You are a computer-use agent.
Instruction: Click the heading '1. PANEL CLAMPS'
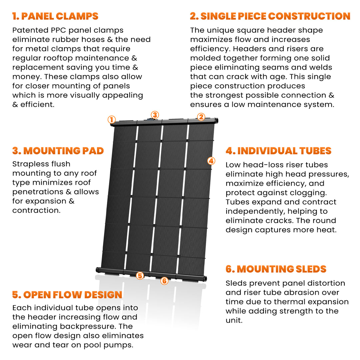pyautogui.click(x=55, y=16)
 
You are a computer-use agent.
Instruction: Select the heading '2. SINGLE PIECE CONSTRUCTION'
pyautogui.click(x=270, y=16)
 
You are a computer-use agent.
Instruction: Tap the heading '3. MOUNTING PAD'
pyautogui.click(x=58, y=151)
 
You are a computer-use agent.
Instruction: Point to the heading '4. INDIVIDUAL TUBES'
pyautogui.click(x=278, y=151)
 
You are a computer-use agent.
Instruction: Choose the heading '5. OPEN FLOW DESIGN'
pyautogui.click(x=67, y=295)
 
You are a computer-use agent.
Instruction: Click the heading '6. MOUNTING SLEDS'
pyautogui.click(x=276, y=269)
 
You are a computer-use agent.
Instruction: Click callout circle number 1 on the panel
pyautogui.click(x=112, y=120)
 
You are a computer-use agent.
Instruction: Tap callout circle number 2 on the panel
pyautogui.click(x=201, y=117)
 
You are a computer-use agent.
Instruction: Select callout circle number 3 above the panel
pyautogui.click(x=154, y=115)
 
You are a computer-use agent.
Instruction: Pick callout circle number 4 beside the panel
pyautogui.click(x=211, y=161)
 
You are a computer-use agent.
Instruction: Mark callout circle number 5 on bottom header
pyautogui.click(x=140, y=276)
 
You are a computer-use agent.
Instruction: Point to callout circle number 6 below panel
pyautogui.click(x=164, y=281)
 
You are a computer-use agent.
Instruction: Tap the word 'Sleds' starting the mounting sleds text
pyautogui.click(x=235, y=283)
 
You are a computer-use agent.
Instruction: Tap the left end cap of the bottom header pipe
pyautogui.click(x=98, y=269)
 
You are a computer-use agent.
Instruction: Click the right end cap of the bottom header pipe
pyautogui.click(x=204, y=278)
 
